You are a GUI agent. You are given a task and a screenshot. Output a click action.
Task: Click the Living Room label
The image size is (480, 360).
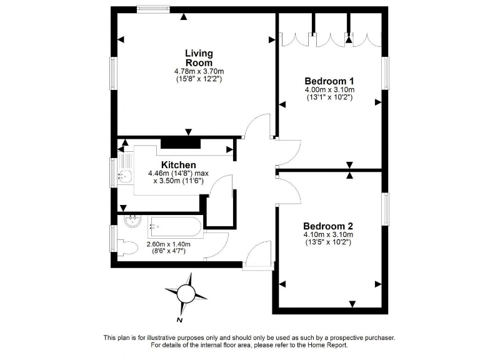(x=199, y=58)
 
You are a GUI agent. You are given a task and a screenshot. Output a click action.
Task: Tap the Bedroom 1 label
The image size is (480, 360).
(x=329, y=81)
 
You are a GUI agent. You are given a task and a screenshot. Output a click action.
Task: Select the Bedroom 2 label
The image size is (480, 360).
(x=328, y=226)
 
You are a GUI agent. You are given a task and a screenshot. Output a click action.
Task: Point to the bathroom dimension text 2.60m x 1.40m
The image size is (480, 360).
(x=168, y=244)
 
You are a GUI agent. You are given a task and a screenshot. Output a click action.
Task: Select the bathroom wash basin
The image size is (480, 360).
(x=132, y=222)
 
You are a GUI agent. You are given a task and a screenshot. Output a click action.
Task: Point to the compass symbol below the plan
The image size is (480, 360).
(x=186, y=292)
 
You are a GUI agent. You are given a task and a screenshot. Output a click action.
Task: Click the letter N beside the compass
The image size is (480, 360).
(x=179, y=320)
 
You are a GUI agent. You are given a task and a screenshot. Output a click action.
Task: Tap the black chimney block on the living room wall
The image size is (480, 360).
(x=181, y=143)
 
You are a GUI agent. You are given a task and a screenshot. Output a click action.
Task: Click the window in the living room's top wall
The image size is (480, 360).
(x=154, y=9)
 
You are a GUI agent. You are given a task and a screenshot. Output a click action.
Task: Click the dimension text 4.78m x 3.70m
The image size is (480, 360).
(x=199, y=72)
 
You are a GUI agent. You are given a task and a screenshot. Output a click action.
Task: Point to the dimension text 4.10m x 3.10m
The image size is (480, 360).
(x=328, y=235)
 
